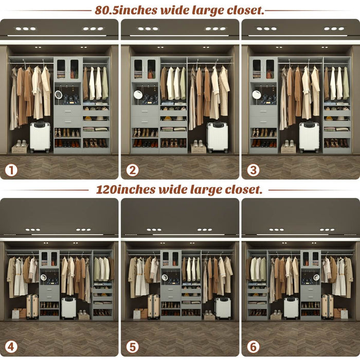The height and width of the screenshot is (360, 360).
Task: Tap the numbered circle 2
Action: (x=132, y=169)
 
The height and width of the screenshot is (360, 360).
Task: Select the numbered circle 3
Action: (x=253, y=169)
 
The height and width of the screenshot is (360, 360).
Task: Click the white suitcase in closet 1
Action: (x=40, y=137)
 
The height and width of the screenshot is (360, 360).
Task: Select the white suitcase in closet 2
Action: (x=218, y=137)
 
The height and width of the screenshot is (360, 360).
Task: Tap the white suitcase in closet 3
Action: (x=309, y=137)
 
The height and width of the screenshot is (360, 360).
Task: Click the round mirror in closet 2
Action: (x=138, y=95)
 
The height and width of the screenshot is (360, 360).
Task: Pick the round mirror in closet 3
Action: (x=256, y=95)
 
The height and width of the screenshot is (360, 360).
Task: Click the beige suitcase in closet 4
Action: (x=32, y=307)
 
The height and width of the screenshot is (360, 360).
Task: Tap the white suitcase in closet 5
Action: (x=223, y=308)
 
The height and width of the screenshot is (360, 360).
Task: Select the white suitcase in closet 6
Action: (x=291, y=308)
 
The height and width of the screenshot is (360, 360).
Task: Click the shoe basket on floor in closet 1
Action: (x=20, y=148)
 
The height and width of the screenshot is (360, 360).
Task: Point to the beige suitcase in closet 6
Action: (x=327, y=307)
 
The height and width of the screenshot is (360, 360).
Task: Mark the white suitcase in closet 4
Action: (x=69, y=308)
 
